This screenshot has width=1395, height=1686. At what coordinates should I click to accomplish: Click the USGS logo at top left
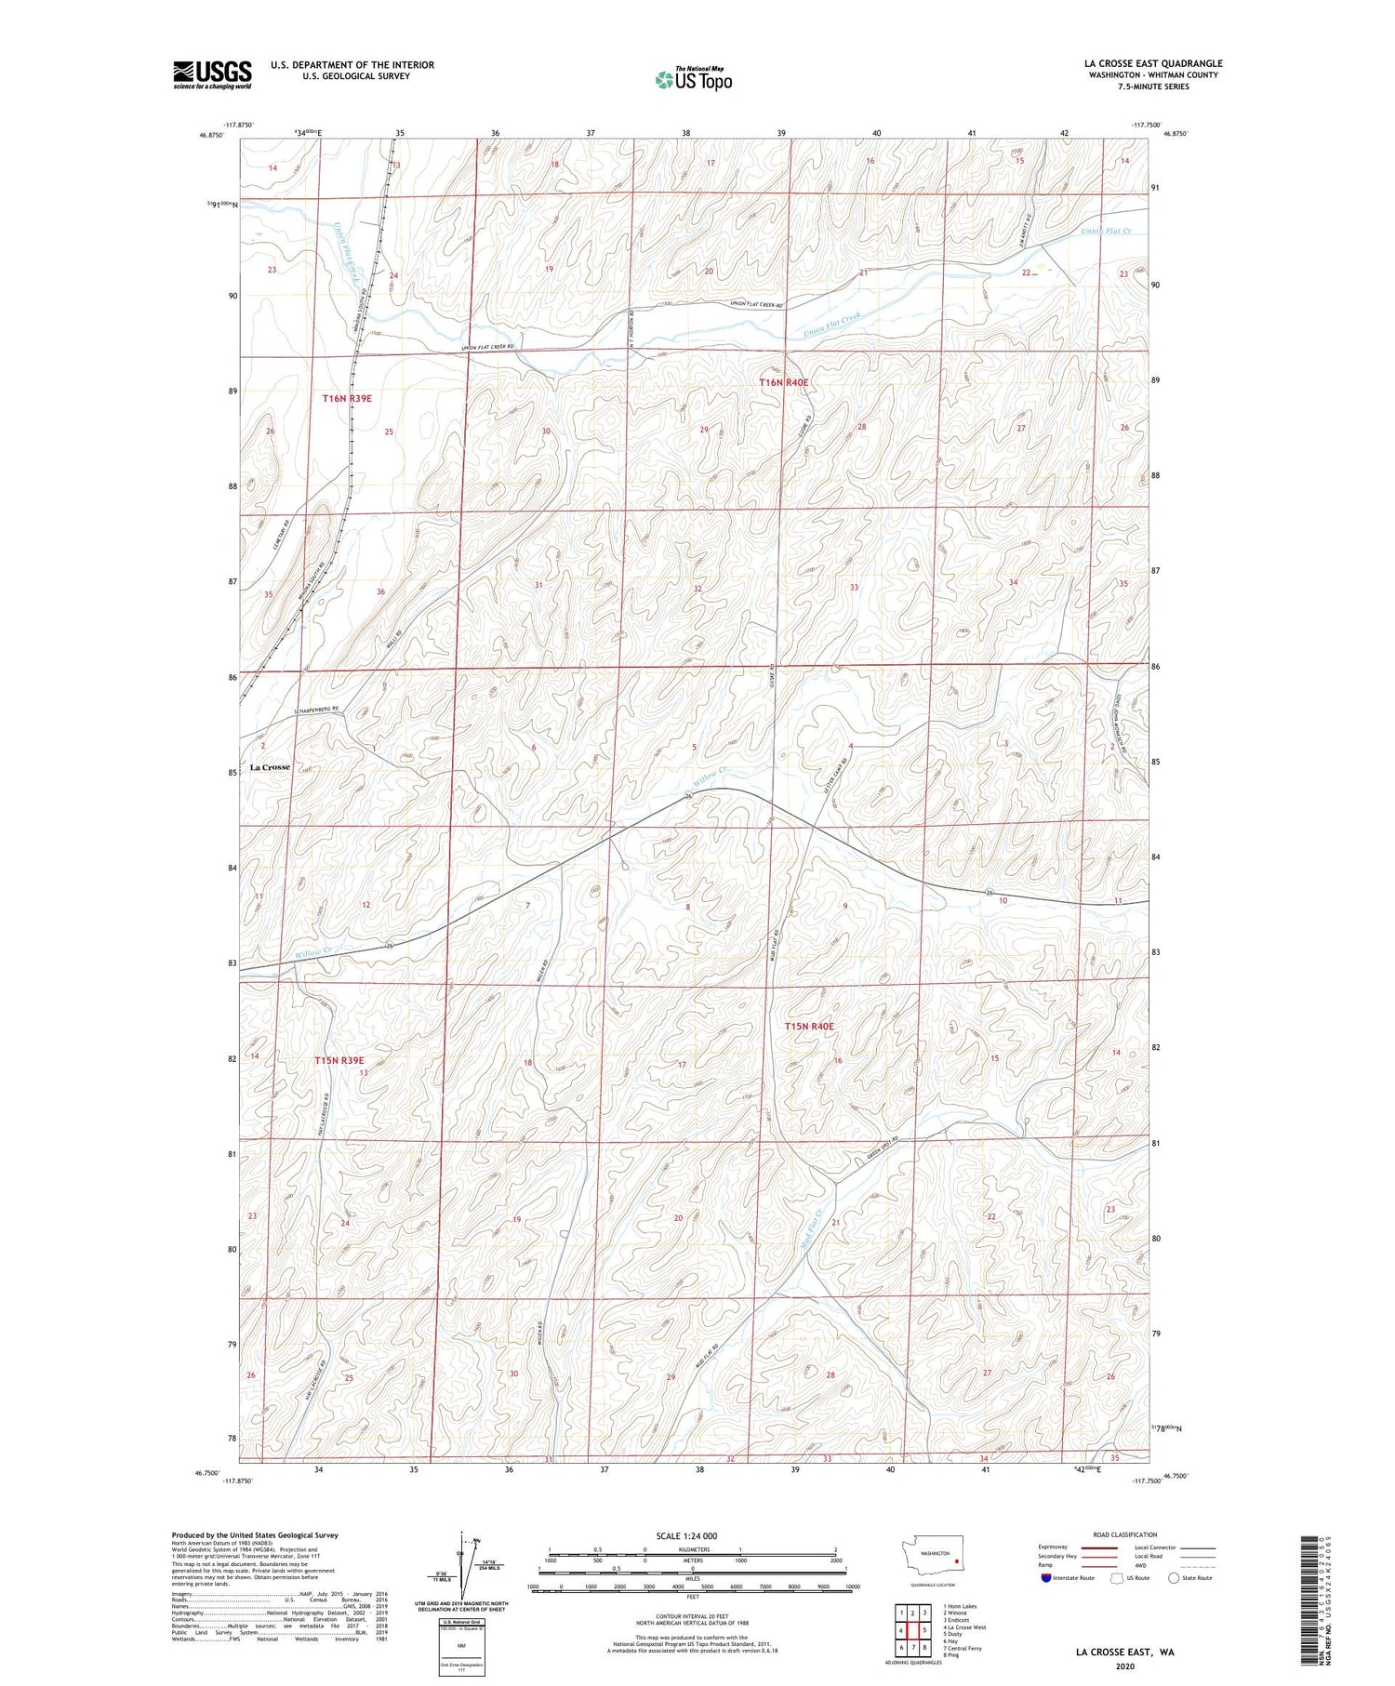(x=212, y=74)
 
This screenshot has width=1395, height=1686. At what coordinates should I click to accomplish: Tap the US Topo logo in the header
(x=693, y=80)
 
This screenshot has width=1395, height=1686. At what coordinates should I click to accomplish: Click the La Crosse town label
(x=270, y=767)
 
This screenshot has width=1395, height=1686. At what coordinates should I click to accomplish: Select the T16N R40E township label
(x=784, y=382)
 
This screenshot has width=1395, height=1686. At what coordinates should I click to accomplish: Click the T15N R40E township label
(x=809, y=1026)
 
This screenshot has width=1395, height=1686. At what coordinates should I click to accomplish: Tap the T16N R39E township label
(x=347, y=398)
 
